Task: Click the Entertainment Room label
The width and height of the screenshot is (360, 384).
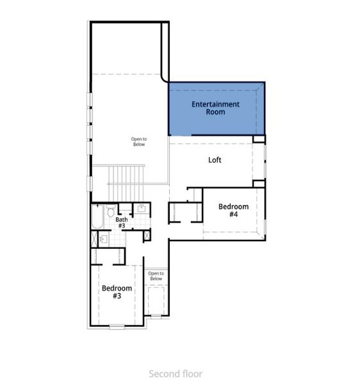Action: point(215,108)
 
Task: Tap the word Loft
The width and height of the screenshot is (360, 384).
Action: point(215,160)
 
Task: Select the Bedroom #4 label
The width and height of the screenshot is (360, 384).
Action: point(233,210)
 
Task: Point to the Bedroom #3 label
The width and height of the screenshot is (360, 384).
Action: point(117,292)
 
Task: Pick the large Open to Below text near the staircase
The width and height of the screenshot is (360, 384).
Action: point(139,141)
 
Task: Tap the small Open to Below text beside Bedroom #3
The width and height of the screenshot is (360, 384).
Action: point(156,276)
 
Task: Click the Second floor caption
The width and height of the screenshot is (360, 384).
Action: point(176,373)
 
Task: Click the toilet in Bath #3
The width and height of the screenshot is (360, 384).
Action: point(111,211)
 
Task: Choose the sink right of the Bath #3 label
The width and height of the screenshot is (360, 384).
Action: point(142,209)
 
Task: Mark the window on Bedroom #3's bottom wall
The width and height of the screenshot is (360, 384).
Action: point(117,326)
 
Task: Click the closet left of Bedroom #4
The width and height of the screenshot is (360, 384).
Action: point(186,212)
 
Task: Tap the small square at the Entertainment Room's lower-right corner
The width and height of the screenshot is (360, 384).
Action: point(259,139)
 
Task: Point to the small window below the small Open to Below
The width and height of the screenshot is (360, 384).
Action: point(156,316)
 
